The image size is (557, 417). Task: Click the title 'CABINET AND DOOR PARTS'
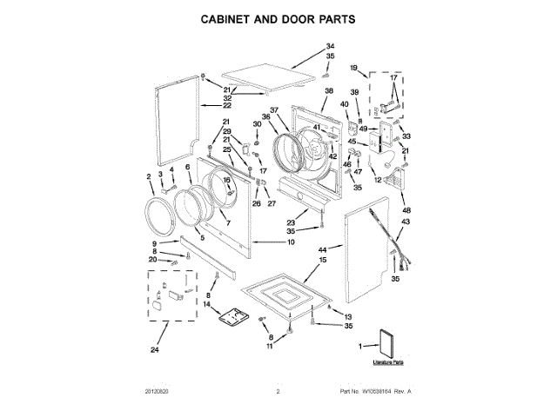click(x=279, y=18)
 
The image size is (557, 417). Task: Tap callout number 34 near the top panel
click(x=330, y=46)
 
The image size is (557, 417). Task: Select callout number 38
click(x=329, y=91)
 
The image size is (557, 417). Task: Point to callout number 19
click(x=353, y=68)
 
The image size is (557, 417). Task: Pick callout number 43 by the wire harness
click(x=406, y=222)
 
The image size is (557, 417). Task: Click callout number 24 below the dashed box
click(x=155, y=351)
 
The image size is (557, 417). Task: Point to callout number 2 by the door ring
click(x=150, y=177)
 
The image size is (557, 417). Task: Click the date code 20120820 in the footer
click(x=158, y=393)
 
